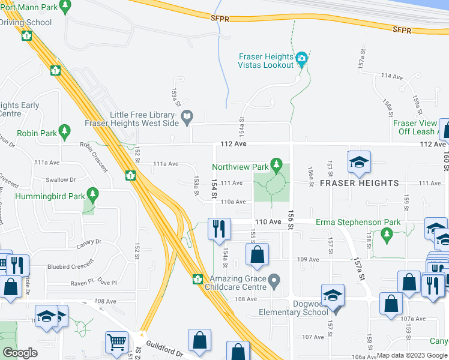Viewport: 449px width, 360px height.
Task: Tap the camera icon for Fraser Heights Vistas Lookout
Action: pos(301,59)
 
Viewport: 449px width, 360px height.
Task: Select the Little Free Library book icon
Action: pos(187,116)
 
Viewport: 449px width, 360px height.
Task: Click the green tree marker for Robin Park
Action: pos(65,131)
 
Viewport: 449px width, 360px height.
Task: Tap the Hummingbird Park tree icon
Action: pos(92,194)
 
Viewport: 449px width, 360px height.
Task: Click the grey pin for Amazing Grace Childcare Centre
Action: pos(274,280)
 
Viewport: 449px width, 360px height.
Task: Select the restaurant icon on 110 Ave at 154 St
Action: pos(217,229)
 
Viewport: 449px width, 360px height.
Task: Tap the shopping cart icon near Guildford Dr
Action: pos(116,342)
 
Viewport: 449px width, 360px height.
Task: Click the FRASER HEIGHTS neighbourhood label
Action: pos(360,182)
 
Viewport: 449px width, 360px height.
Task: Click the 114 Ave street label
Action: pos(391,77)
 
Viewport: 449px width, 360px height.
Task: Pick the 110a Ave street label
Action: pos(234,202)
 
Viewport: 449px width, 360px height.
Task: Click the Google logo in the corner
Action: pos(20,353)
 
